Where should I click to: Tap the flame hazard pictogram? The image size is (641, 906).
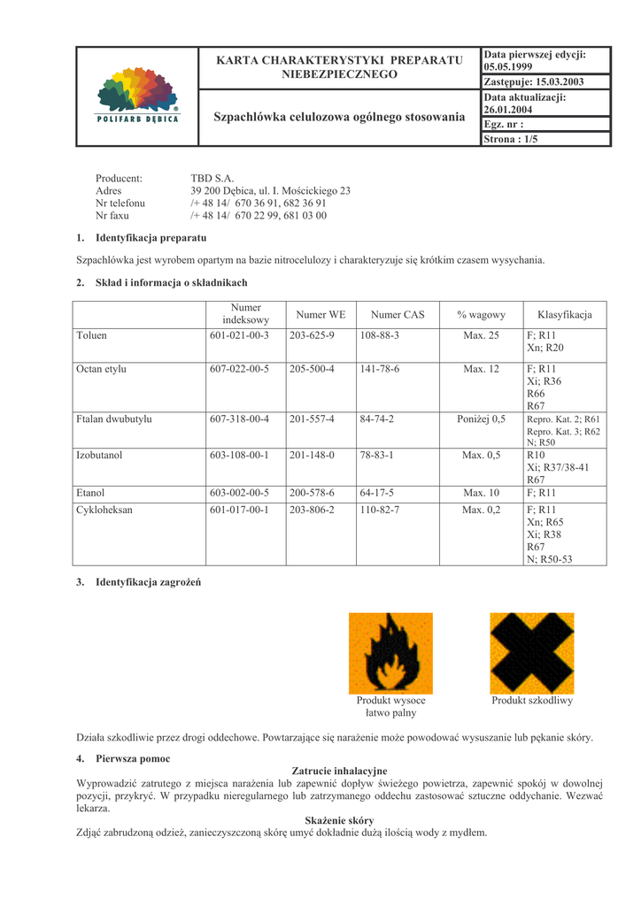pos(390,653)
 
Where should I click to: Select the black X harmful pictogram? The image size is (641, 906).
pos(531,653)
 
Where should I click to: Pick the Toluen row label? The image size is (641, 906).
pos(92,335)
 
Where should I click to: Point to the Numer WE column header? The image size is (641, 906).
pos(320,314)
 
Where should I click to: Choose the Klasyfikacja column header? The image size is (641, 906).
pos(564,314)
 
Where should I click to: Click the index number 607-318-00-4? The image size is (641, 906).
pos(239,418)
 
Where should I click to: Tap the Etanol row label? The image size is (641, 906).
pos(90,492)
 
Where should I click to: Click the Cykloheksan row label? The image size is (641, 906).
pos(103,510)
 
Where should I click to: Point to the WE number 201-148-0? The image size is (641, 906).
pos(312,455)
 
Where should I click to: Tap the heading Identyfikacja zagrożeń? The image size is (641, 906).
pos(148,581)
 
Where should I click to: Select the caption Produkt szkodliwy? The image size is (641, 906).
pos(532,700)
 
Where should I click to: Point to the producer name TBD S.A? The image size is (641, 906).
pos(212,179)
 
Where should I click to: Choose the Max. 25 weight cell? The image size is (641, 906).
pos(481,335)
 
